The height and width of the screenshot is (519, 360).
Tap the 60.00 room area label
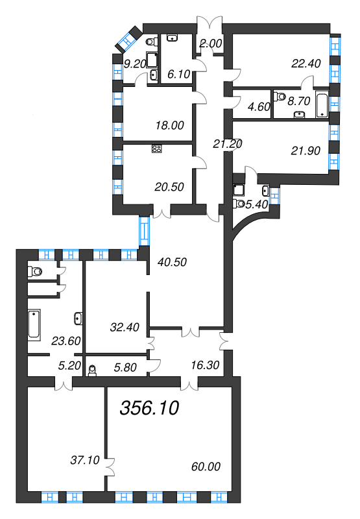[x=206, y=466]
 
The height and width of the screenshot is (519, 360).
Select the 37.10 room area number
[x=84, y=460]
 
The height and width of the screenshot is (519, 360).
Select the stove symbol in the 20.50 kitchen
[x=156, y=149]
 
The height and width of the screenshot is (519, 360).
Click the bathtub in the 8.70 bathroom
[x=322, y=104]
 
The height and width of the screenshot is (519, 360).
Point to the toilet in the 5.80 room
[x=93, y=369]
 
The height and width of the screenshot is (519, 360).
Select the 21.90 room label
[x=305, y=150]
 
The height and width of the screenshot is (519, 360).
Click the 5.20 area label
[x=69, y=365]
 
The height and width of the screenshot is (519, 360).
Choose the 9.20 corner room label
[x=136, y=64]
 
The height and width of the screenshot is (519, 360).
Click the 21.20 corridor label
[x=229, y=143]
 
